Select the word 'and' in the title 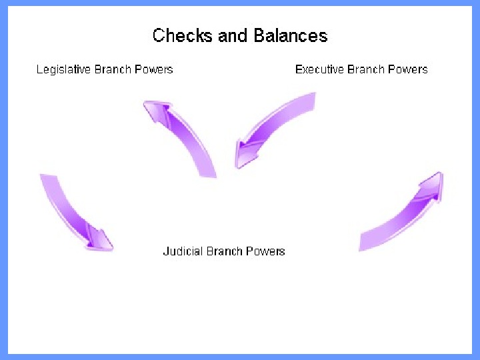(x=233, y=35)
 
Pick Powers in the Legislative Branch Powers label (x=156, y=69)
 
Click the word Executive (x=321, y=69)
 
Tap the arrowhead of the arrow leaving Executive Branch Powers (x=244, y=153)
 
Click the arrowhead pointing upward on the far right (x=432, y=186)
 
